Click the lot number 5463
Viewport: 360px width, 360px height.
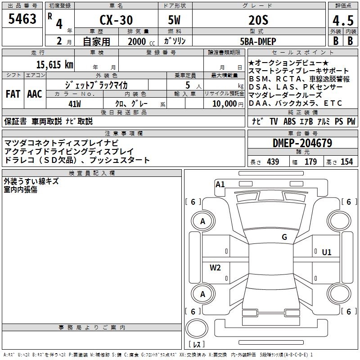[22, 19]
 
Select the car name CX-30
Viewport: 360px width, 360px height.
[116, 20]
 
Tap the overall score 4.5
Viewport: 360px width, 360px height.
[343, 21]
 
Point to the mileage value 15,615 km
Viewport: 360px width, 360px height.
[55, 65]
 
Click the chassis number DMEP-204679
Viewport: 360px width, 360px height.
[302, 143]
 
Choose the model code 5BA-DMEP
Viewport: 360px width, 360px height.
[258, 41]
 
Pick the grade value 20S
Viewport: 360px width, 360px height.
[258, 20]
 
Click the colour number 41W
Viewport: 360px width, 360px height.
[75, 104]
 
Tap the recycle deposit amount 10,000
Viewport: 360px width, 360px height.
[225, 104]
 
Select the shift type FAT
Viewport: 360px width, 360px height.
[13, 94]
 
